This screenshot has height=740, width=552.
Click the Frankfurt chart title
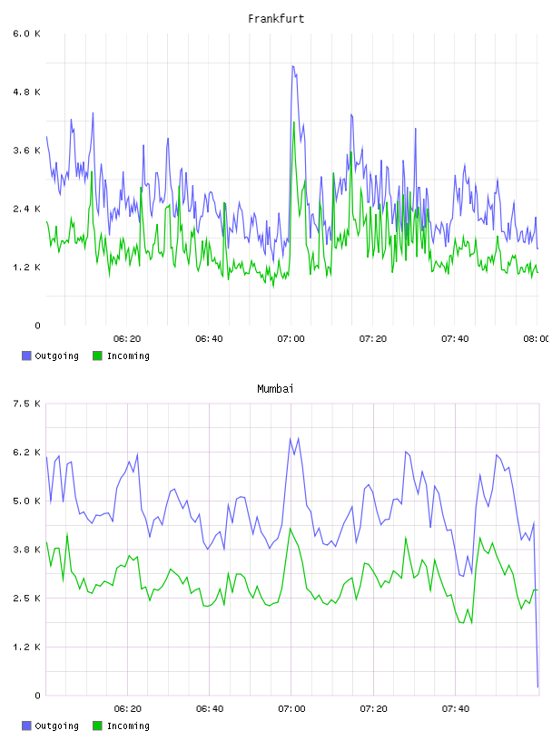[276, 19]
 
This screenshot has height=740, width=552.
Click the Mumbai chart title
[275, 389]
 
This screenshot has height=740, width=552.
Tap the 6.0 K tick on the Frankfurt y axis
[27, 34]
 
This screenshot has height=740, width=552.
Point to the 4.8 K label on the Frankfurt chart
[27, 92]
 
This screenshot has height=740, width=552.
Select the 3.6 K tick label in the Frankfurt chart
[27, 151]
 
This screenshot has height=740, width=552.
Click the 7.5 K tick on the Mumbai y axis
[27, 404]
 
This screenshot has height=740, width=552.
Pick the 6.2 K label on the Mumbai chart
[27, 453]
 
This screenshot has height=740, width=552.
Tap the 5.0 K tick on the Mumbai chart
[27, 501]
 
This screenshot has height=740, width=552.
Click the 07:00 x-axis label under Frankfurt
[291, 339]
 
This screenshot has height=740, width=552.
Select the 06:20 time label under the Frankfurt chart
[127, 339]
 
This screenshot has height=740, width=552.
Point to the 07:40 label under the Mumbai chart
[456, 709]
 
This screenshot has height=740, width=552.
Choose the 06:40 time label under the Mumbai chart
[210, 709]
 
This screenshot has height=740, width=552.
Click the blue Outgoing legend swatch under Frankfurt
[26, 355]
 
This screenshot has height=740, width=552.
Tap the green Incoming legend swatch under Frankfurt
[97, 355]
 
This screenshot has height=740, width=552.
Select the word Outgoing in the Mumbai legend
[56, 725]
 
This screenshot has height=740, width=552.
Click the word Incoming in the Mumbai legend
[128, 725]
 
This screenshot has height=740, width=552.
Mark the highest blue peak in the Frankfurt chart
[293, 66]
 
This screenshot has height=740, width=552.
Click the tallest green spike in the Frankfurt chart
[294, 122]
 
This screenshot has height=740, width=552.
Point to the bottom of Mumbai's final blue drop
[537, 686]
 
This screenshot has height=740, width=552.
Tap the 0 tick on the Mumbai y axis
[37, 696]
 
